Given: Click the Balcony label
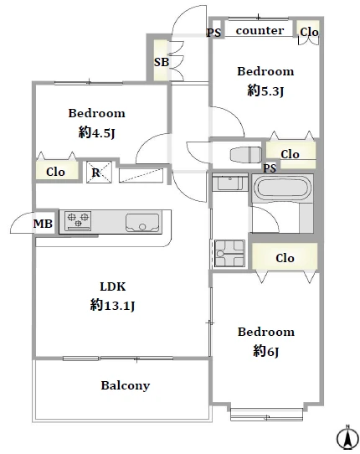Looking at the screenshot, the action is coord(126,385).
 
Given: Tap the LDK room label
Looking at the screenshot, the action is coord(113,286).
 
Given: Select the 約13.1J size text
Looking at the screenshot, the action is coord(112,305).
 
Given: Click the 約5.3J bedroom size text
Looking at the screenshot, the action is coord(265,91).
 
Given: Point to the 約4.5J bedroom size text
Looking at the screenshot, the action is coord(96,133).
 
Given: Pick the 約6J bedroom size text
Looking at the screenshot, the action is coord(266,352).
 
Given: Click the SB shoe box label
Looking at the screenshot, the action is coord(162,62).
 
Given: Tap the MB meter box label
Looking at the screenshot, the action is coord(43,224).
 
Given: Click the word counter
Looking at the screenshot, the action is coord(260,30).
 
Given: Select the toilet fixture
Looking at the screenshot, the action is coord(245,155).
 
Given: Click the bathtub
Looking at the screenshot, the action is coord(281,188).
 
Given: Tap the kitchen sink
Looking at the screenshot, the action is coord(142,222).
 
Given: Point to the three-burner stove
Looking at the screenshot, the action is coord(78,220).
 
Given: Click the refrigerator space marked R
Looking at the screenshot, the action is coord(99,172).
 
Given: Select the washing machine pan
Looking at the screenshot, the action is coord(229,253).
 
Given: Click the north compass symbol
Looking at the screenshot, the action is coord(347,438).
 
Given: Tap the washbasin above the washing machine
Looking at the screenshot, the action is coord(230,182).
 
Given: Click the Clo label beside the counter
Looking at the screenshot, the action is coord(309,32).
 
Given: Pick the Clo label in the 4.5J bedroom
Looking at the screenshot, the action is coord(55,172).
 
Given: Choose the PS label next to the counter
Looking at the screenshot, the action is coord(213,33).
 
